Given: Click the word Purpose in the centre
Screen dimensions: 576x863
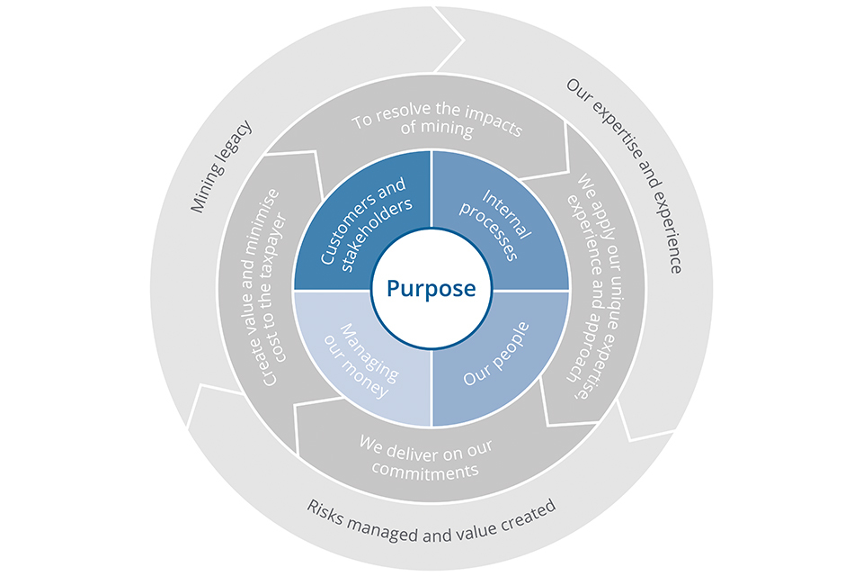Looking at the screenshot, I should tap(431, 289).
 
